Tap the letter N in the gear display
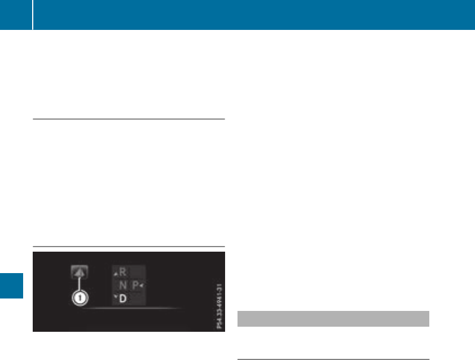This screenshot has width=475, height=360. click(123, 286)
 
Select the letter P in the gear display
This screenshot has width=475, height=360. click(136, 286)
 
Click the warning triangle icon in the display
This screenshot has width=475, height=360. click(78, 273)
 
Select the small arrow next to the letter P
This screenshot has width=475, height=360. click(142, 286)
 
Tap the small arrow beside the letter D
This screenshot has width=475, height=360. click(115, 295)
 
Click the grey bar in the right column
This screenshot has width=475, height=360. click(333, 318)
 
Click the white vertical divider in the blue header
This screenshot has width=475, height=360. click(32, 15)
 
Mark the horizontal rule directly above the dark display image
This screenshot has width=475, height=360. click(129, 247)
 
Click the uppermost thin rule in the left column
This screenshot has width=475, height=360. click(129, 119)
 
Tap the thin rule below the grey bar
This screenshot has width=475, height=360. click(333, 359)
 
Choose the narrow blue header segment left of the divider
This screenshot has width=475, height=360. click(15, 15)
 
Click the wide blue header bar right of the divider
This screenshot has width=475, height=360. click(254, 15)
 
